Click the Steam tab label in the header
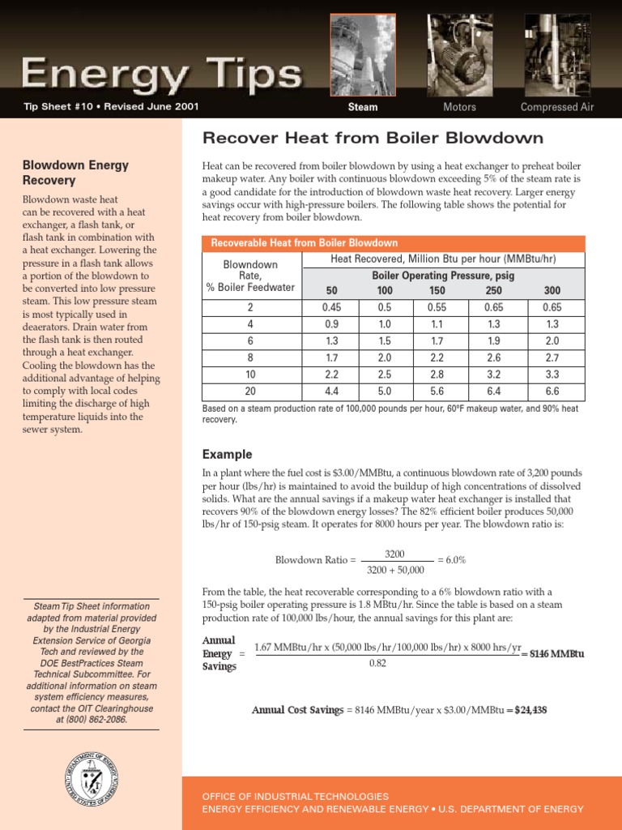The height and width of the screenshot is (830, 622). click(363, 107)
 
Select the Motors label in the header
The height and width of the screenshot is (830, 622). click(459, 107)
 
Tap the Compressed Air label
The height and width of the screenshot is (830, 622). click(556, 107)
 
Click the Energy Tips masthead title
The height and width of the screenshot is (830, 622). click(162, 75)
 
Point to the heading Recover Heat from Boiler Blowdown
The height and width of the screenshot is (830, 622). click(372, 138)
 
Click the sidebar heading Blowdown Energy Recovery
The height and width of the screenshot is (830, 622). click(75, 173)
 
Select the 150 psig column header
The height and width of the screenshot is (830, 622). click(437, 291)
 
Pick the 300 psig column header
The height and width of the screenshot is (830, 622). click(552, 291)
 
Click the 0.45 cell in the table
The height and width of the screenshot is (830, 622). click(331, 308)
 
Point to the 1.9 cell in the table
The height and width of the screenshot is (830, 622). click(493, 340)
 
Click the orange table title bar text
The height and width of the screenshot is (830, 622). click(305, 243)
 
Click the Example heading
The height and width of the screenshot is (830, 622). click(227, 455)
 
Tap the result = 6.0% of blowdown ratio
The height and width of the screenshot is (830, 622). click(451, 560)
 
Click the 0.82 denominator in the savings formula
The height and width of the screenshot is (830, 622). click(377, 663)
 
